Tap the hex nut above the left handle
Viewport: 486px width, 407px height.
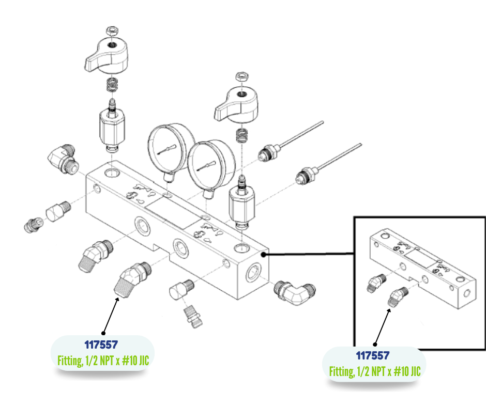(x=110, y=30)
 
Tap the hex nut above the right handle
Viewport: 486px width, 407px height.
(x=241, y=76)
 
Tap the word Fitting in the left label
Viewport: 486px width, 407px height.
(x=69, y=361)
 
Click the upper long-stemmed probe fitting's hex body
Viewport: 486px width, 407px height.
(x=267, y=153)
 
